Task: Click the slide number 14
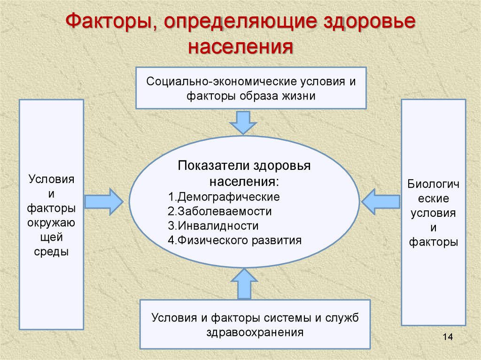(448, 337)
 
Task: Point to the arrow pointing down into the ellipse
(243, 123)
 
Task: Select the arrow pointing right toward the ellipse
(104, 202)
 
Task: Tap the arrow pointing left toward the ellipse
(380, 202)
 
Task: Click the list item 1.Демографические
(224, 197)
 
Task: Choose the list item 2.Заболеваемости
(220, 211)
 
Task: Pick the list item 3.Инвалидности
(213, 226)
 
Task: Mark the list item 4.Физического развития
(235, 240)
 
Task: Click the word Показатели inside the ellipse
(213, 166)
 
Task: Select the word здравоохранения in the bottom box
(255, 332)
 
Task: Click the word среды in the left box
(51, 252)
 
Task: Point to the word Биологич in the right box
(434, 184)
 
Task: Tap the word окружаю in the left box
(51, 223)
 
